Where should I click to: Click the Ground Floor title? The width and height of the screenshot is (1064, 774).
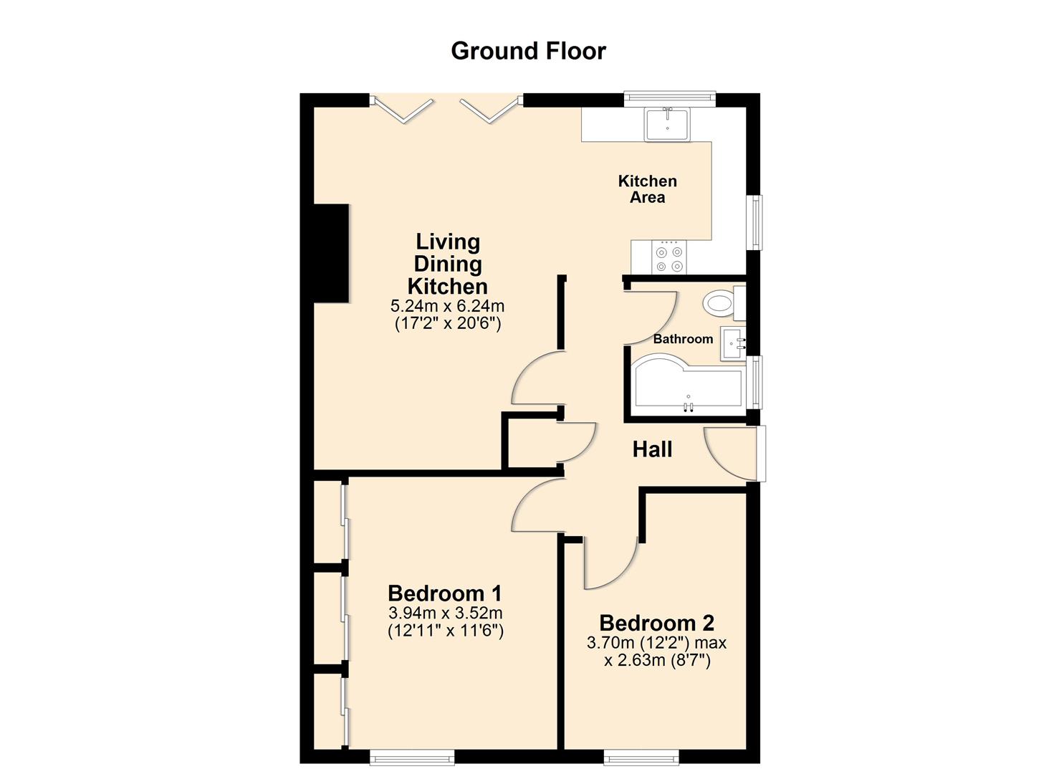(x=528, y=52)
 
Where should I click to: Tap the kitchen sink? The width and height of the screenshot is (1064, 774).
(x=667, y=125)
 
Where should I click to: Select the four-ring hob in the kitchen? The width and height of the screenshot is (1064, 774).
(x=669, y=257)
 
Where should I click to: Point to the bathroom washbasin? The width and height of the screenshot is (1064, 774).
(x=733, y=343)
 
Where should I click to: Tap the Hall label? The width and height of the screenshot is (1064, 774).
(x=652, y=449)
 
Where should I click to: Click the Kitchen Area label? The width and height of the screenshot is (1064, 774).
(x=648, y=189)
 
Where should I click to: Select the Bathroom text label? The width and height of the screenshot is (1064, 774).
(x=683, y=339)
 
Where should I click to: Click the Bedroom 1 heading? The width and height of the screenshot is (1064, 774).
(x=445, y=593)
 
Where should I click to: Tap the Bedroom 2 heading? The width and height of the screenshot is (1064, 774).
(x=657, y=623)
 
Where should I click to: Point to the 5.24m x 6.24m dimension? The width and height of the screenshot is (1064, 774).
(x=447, y=305)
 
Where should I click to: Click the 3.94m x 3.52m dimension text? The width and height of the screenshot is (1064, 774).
(x=445, y=613)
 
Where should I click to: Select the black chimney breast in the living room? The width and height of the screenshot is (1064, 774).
(x=332, y=253)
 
